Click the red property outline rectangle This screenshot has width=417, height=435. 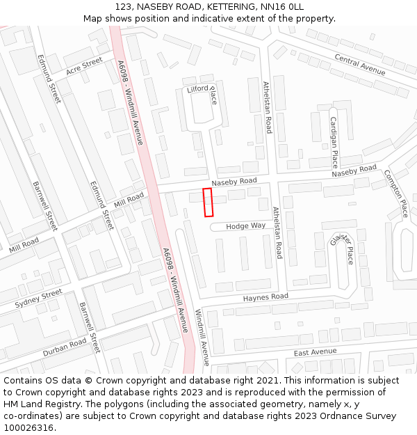coord(207,202)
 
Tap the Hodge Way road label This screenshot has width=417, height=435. coord(246,226)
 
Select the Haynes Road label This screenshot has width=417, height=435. coord(265,297)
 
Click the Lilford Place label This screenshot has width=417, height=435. coord(202,90)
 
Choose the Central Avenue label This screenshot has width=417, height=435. coord(359,64)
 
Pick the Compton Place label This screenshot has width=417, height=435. coord(395,193)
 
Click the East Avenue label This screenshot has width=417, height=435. coord(315,352)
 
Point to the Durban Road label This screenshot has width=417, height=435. coord(65,347)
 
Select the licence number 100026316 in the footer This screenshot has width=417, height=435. coord(28,427)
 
